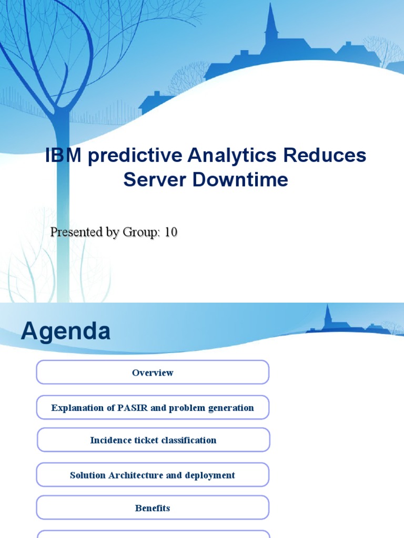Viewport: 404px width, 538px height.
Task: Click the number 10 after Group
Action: point(171,232)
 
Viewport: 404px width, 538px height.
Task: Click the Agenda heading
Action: point(66,332)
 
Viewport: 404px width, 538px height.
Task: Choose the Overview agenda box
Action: point(153,373)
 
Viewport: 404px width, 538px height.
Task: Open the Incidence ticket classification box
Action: point(153,440)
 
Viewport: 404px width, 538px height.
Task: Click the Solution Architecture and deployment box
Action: point(153,475)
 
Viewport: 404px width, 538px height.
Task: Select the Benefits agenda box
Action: point(153,508)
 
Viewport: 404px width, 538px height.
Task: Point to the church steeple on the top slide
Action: point(271,24)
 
